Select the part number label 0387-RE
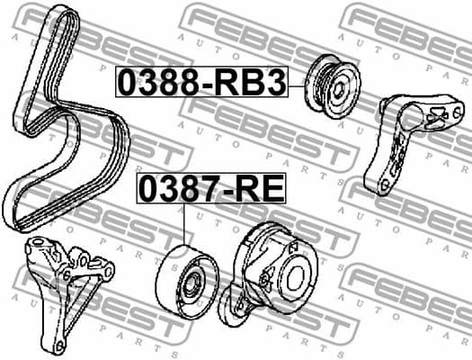[209, 189]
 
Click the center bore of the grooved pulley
[341, 86]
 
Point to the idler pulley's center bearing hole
[192, 282]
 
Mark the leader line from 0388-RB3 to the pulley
[298, 84]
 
